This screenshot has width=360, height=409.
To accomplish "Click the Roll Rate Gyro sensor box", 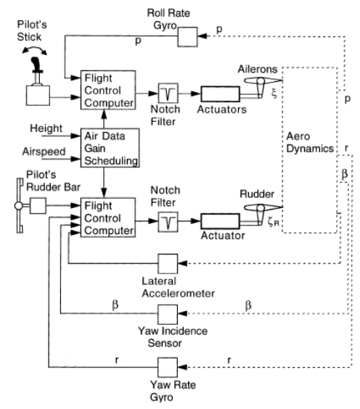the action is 187,37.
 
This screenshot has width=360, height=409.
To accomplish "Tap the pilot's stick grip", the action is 36,64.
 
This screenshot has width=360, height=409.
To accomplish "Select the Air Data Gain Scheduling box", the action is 110,148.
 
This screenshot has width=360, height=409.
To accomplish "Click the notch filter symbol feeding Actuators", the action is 168,93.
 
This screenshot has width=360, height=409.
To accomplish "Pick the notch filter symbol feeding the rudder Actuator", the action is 168,222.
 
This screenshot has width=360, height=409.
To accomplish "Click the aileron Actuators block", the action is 220,94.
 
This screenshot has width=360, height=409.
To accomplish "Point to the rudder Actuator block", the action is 220,221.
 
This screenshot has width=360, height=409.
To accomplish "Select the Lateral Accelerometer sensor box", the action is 168,264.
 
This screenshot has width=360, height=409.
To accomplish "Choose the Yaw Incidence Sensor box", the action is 168,314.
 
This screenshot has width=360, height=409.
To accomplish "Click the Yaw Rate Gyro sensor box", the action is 168,367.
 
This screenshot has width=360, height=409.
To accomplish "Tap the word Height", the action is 46,128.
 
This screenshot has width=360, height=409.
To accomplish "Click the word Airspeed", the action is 44,152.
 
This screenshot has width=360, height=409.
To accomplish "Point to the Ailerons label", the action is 258,70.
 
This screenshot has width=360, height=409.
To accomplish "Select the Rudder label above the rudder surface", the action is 257,194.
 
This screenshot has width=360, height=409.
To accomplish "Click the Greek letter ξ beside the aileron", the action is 274,93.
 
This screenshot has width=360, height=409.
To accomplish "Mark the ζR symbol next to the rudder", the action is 274,222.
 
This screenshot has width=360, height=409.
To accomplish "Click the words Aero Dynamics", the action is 310,142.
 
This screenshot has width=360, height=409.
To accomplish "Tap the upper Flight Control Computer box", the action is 108,90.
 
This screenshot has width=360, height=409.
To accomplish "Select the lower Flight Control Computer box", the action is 108,218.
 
